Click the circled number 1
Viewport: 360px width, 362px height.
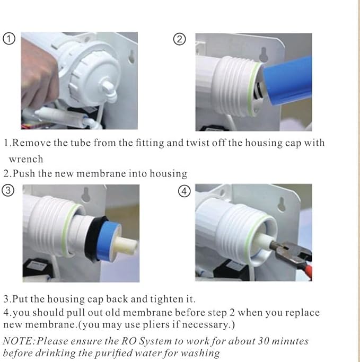click(8, 39)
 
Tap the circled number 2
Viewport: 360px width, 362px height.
click(181, 39)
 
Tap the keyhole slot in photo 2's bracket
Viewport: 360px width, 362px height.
click(264, 54)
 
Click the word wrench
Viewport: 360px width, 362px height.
click(26, 158)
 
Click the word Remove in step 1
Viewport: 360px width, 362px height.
click(30, 143)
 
